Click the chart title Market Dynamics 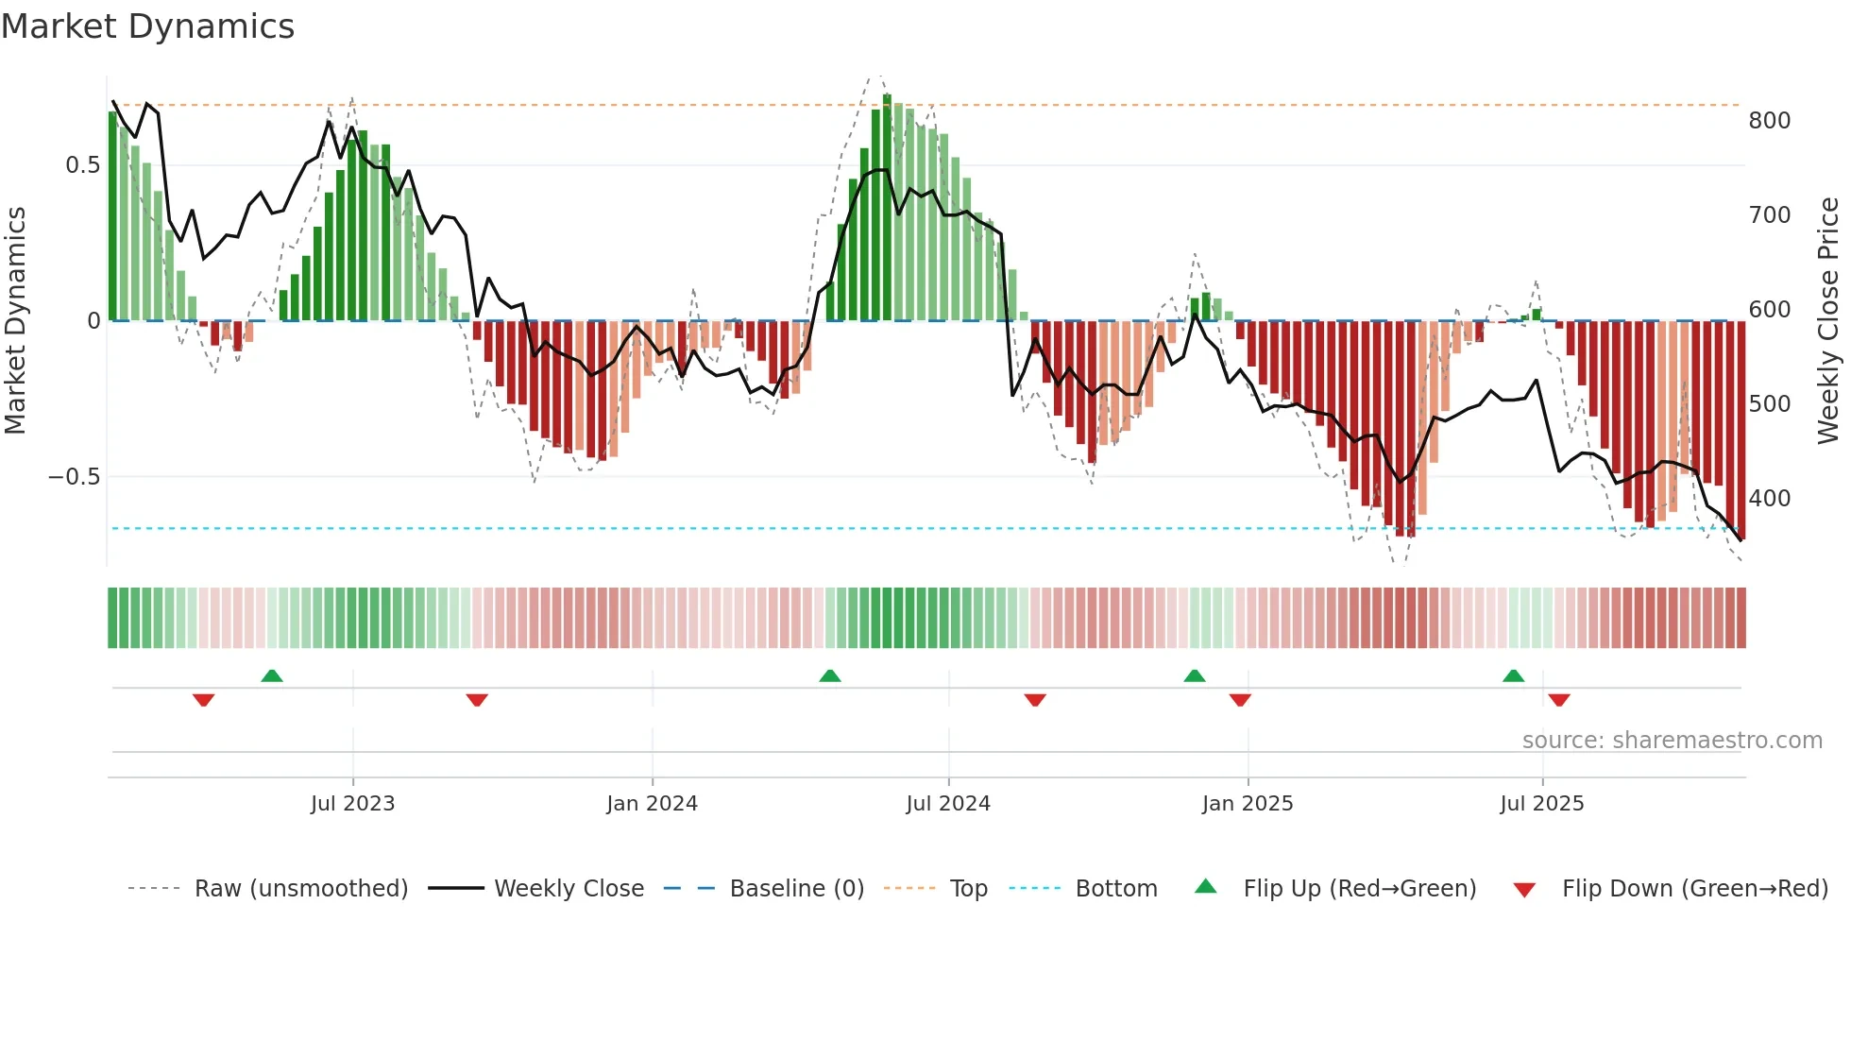[147, 26]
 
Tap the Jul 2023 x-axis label [352, 804]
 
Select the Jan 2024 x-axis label [652, 804]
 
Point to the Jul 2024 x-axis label [948, 804]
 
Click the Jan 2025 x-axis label [1248, 804]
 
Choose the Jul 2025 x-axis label [1542, 804]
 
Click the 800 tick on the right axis [1769, 121]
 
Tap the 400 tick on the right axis [1769, 499]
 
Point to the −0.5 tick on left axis [74, 477]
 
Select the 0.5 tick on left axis [82, 165]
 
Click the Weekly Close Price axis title [1828, 321]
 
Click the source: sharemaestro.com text [1672, 741]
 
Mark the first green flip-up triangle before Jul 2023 [272, 675]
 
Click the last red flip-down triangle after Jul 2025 [1559, 700]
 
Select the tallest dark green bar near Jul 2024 [887, 208]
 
